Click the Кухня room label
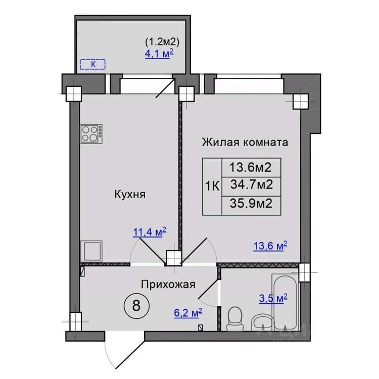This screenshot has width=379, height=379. [130, 195]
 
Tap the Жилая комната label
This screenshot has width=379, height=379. [245, 142]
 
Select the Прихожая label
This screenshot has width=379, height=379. [168, 285]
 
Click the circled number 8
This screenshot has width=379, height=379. [136, 306]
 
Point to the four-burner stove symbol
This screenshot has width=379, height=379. [91, 134]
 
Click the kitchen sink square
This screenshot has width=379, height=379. [91, 251]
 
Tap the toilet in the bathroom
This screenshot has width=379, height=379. [234, 318]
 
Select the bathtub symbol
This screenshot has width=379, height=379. [285, 302]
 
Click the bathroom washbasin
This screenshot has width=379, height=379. [262, 323]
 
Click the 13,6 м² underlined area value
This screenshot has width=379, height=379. [270, 246]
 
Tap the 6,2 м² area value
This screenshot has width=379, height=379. [188, 313]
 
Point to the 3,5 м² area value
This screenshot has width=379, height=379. [273, 298]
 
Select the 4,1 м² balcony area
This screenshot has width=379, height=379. [159, 54]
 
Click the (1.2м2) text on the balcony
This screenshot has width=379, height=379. [162, 42]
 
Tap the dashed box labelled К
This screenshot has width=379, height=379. [92, 64]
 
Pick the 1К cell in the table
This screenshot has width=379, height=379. [212, 186]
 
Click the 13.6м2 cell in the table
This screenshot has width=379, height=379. [251, 167]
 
